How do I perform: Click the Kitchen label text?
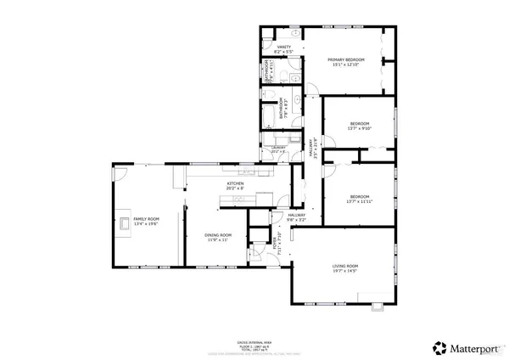(x=235, y=183)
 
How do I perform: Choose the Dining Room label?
(x=217, y=235)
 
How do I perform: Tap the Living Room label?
(x=344, y=266)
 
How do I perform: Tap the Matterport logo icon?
(x=439, y=346)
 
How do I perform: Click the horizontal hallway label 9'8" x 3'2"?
(x=296, y=217)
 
